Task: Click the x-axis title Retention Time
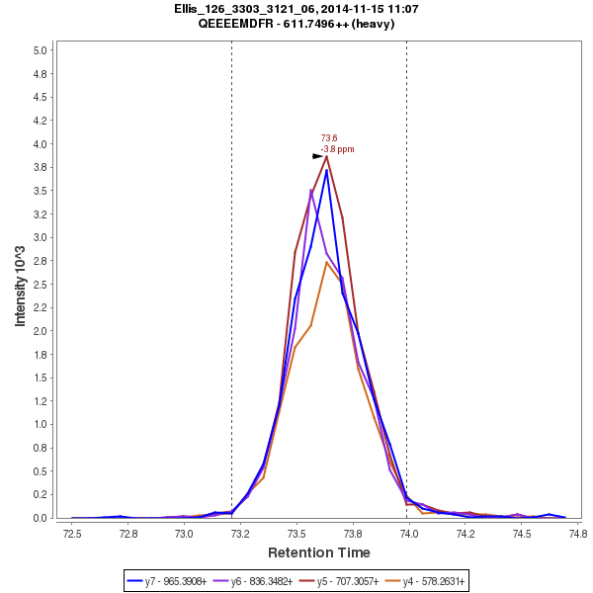pyautogui.click(x=319, y=552)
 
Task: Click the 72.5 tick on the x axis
pyautogui.click(x=71, y=533)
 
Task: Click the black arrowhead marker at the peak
pyautogui.click(x=318, y=156)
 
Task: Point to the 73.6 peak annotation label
pyautogui.click(x=329, y=138)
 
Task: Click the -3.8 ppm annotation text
pyautogui.click(x=337, y=149)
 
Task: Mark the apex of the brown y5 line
pyautogui.click(x=326, y=156)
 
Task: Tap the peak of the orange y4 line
pyautogui.click(x=326, y=262)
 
